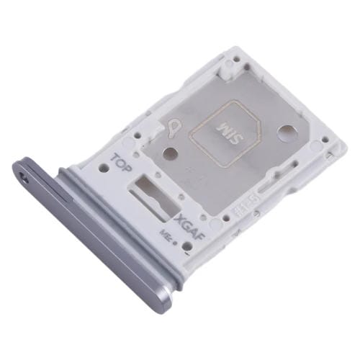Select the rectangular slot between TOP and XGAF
(x=154, y=192)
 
